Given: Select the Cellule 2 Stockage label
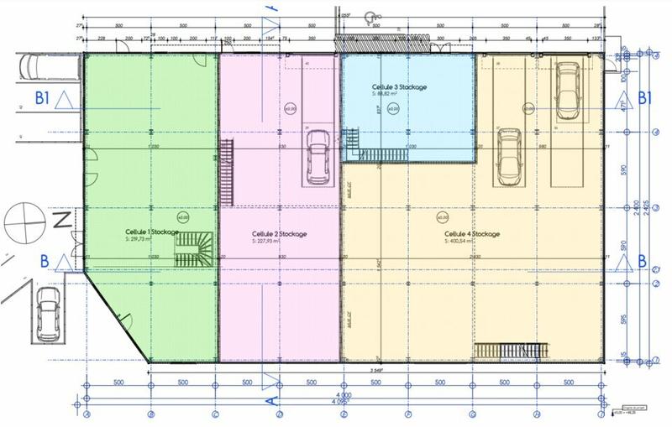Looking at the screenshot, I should (x=279, y=233).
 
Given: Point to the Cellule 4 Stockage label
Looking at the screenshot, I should (x=472, y=233).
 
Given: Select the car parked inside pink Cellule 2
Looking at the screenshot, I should (x=318, y=157).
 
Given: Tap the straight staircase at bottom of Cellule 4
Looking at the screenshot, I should (x=510, y=351).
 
